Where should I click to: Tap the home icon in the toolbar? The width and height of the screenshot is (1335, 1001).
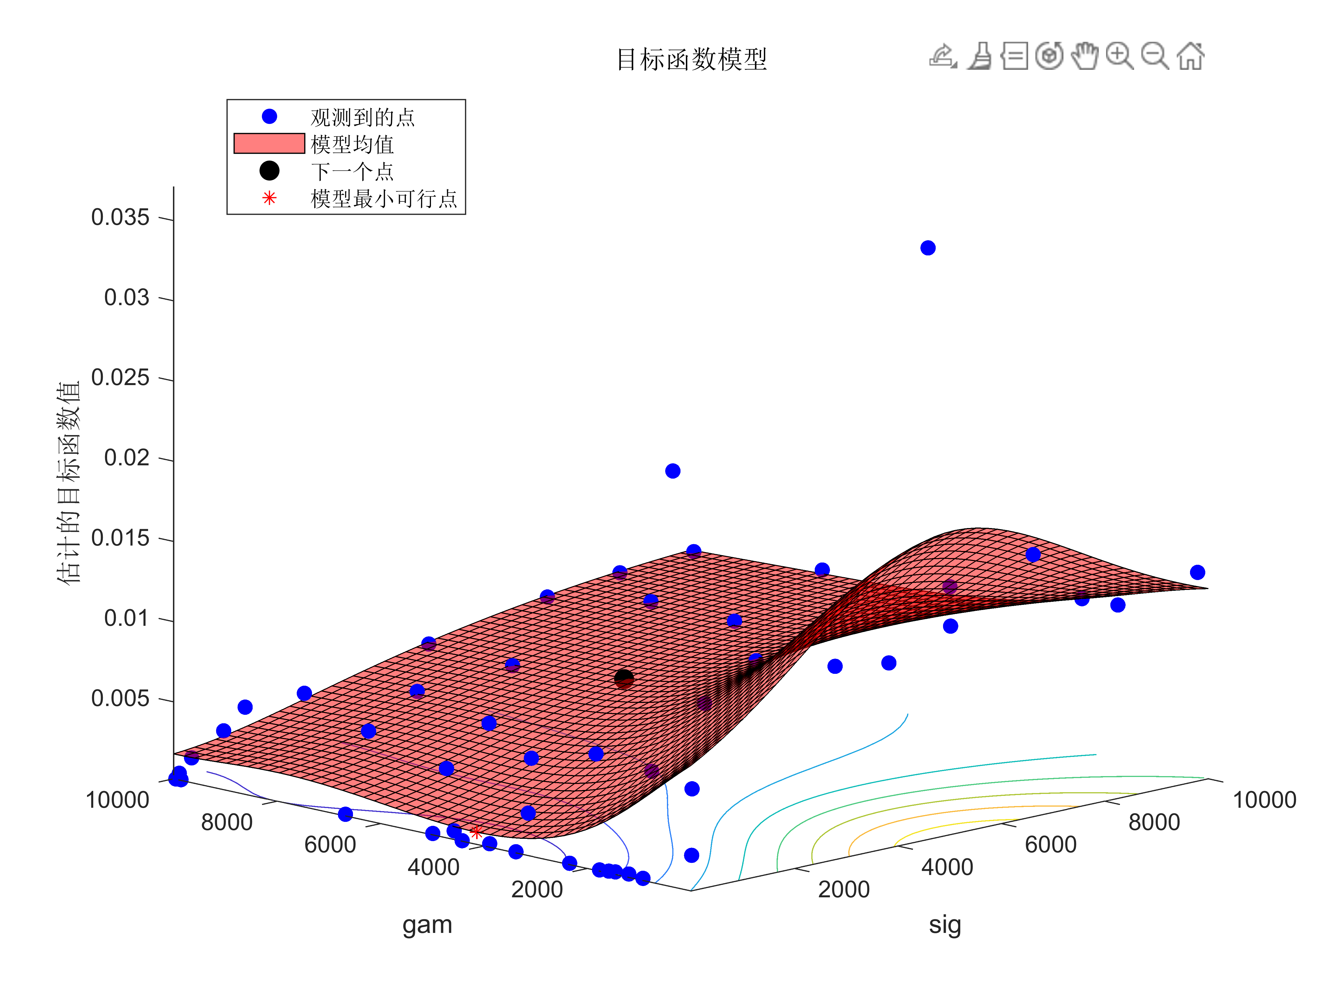(x=1190, y=57)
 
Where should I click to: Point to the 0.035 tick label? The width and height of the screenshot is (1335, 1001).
(x=120, y=218)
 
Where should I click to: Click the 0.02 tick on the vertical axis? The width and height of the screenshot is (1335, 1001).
(x=127, y=458)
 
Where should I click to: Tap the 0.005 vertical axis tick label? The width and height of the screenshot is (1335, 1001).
(x=120, y=699)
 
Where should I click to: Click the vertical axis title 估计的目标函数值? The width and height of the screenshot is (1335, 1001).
(x=68, y=483)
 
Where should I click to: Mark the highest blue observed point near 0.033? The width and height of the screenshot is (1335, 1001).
(x=927, y=248)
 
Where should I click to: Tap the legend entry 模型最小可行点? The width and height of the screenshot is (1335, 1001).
(x=384, y=199)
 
